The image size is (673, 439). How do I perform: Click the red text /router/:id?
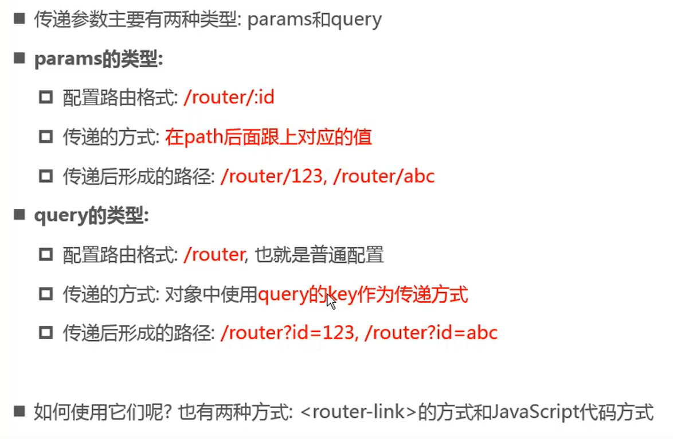pyautogui.click(x=229, y=98)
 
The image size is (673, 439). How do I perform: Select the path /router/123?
pyautogui.click(x=272, y=176)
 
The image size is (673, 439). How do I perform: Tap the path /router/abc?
pyautogui.click(x=384, y=176)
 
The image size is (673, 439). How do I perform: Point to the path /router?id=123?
pyautogui.click(x=287, y=333)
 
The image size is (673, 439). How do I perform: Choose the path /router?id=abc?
pyautogui.click(x=431, y=333)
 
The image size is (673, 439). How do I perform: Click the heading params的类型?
pyautogui.click(x=99, y=59)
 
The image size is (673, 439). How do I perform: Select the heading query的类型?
pyautogui.click(x=91, y=216)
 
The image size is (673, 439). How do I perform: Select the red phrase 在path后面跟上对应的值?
pyautogui.click(x=268, y=137)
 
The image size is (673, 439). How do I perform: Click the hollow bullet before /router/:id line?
pyautogui.click(x=45, y=98)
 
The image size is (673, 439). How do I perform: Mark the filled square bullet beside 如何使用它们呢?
pyautogui.click(x=20, y=411)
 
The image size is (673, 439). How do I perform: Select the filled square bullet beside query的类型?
pyautogui.click(x=20, y=215)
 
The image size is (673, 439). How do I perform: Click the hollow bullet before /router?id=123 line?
pyautogui.click(x=45, y=333)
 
